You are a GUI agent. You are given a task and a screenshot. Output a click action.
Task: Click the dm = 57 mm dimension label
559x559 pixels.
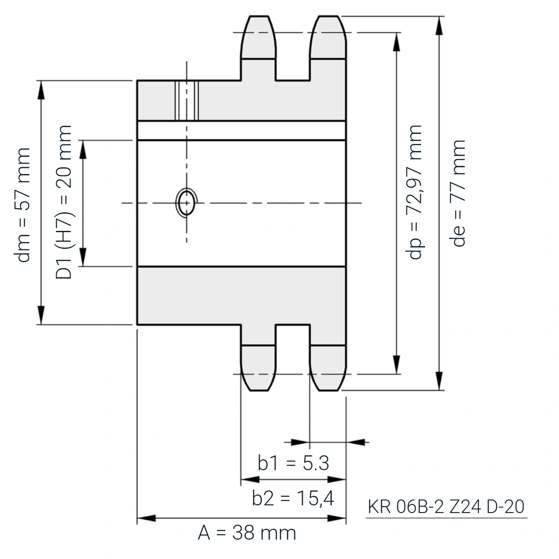(x=22, y=205)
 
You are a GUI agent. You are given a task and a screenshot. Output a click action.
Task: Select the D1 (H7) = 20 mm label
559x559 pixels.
(x=64, y=202)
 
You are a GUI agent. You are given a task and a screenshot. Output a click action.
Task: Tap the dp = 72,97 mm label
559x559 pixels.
(x=413, y=192)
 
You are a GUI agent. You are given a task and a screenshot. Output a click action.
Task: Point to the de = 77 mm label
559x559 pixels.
(x=458, y=193)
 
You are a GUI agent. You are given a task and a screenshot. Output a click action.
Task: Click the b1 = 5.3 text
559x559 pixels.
(x=293, y=463)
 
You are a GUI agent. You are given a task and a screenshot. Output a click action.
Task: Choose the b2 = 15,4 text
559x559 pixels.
(x=293, y=498)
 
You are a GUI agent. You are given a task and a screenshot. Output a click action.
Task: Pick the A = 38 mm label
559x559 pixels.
(x=247, y=533)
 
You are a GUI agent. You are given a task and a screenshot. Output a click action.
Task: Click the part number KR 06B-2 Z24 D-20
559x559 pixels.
(x=446, y=507)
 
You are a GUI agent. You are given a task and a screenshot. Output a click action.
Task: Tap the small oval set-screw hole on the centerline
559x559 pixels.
(x=187, y=202)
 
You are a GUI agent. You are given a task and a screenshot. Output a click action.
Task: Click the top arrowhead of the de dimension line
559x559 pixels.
(x=440, y=26)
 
